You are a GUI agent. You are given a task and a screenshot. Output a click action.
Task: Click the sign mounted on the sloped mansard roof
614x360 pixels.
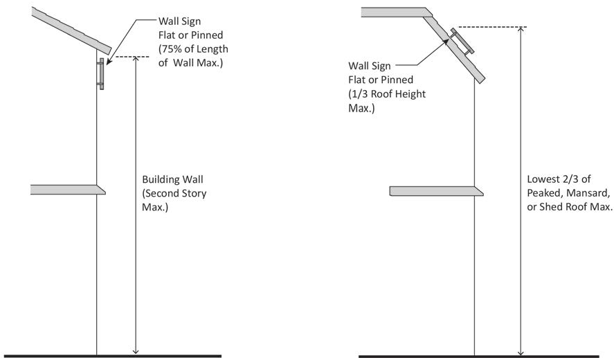coord(461,43)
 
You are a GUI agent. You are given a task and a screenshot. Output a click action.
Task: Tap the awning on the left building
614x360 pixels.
coord(67,189)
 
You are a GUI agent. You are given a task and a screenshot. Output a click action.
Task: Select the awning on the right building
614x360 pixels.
coord(435,191)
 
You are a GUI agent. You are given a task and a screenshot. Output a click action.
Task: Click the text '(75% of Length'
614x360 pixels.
coord(193,49)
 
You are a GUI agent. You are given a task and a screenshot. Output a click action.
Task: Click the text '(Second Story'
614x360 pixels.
coord(173,193)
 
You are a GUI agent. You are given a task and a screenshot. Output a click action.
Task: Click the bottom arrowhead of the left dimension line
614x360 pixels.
coord(136,351)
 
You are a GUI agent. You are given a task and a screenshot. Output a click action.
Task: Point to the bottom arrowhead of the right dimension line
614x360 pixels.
coord(521,351)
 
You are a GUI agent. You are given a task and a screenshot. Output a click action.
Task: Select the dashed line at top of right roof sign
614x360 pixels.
coord(492,27)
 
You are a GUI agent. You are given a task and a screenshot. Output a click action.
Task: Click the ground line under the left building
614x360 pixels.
coord(111,356)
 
